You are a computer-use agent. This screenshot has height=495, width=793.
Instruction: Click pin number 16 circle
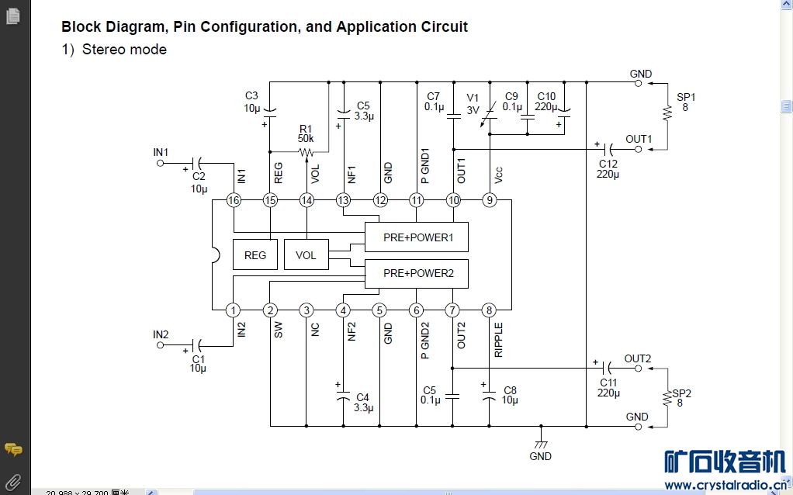click(234, 200)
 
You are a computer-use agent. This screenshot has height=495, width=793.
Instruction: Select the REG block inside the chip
click(255, 254)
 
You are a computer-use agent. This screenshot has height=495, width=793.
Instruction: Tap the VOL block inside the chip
click(306, 254)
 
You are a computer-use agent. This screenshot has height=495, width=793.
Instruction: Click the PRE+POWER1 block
click(417, 237)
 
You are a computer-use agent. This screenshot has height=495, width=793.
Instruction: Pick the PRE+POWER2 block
click(417, 273)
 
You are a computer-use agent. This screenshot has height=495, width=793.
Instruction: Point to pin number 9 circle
click(489, 200)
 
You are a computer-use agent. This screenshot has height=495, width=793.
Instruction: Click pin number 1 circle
click(234, 310)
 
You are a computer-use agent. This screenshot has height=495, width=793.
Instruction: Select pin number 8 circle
click(489, 310)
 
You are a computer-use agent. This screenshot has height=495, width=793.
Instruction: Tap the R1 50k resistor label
click(306, 133)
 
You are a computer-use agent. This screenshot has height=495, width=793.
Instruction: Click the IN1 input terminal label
click(161, 152)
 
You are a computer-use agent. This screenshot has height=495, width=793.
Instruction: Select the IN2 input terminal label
click(161, 334)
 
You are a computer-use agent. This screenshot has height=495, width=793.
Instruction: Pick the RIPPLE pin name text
click(498, 340)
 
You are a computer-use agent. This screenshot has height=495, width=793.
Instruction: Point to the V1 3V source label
click(473, 104)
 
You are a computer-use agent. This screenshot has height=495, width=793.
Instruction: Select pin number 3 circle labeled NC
click(306, 310)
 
